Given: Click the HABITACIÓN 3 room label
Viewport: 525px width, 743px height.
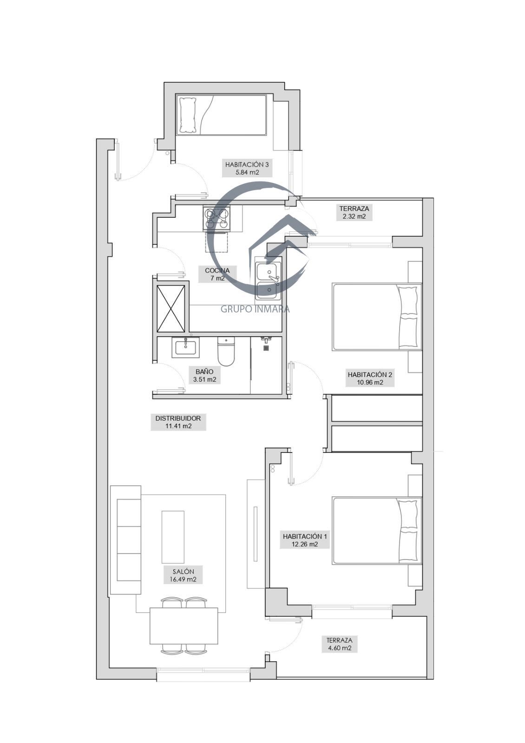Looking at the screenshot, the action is [x=247, y=168].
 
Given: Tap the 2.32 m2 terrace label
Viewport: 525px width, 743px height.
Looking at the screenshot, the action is [x=354, y=212].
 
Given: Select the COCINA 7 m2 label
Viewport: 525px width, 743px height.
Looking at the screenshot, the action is [x=217, y=274].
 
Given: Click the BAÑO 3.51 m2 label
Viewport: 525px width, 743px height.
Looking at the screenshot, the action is [x=204, y=375].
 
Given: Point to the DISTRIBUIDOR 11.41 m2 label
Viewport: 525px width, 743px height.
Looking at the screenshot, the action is [x=178, y=422].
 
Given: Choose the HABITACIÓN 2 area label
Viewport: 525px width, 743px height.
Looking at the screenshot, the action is [x=370, y=378].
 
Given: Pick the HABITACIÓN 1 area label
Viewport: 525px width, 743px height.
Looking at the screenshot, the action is [x=305, y=540].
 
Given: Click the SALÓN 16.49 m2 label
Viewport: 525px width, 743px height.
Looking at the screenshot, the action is [x=183, y=575].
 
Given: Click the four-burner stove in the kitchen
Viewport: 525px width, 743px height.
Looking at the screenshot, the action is [x=217, y=218].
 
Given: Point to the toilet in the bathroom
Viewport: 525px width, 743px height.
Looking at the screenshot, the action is [x=226, y=351].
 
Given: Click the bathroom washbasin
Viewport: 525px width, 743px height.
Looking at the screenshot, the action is [x=185, y=347].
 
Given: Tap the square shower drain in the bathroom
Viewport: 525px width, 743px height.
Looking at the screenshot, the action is [x=266, y=348].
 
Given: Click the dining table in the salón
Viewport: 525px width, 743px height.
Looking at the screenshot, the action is [x=184, y=626].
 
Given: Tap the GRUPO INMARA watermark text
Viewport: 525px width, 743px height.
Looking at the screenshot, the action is [x=255, y=309].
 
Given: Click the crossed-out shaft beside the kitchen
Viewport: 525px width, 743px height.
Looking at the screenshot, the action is [x=171, y=308].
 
